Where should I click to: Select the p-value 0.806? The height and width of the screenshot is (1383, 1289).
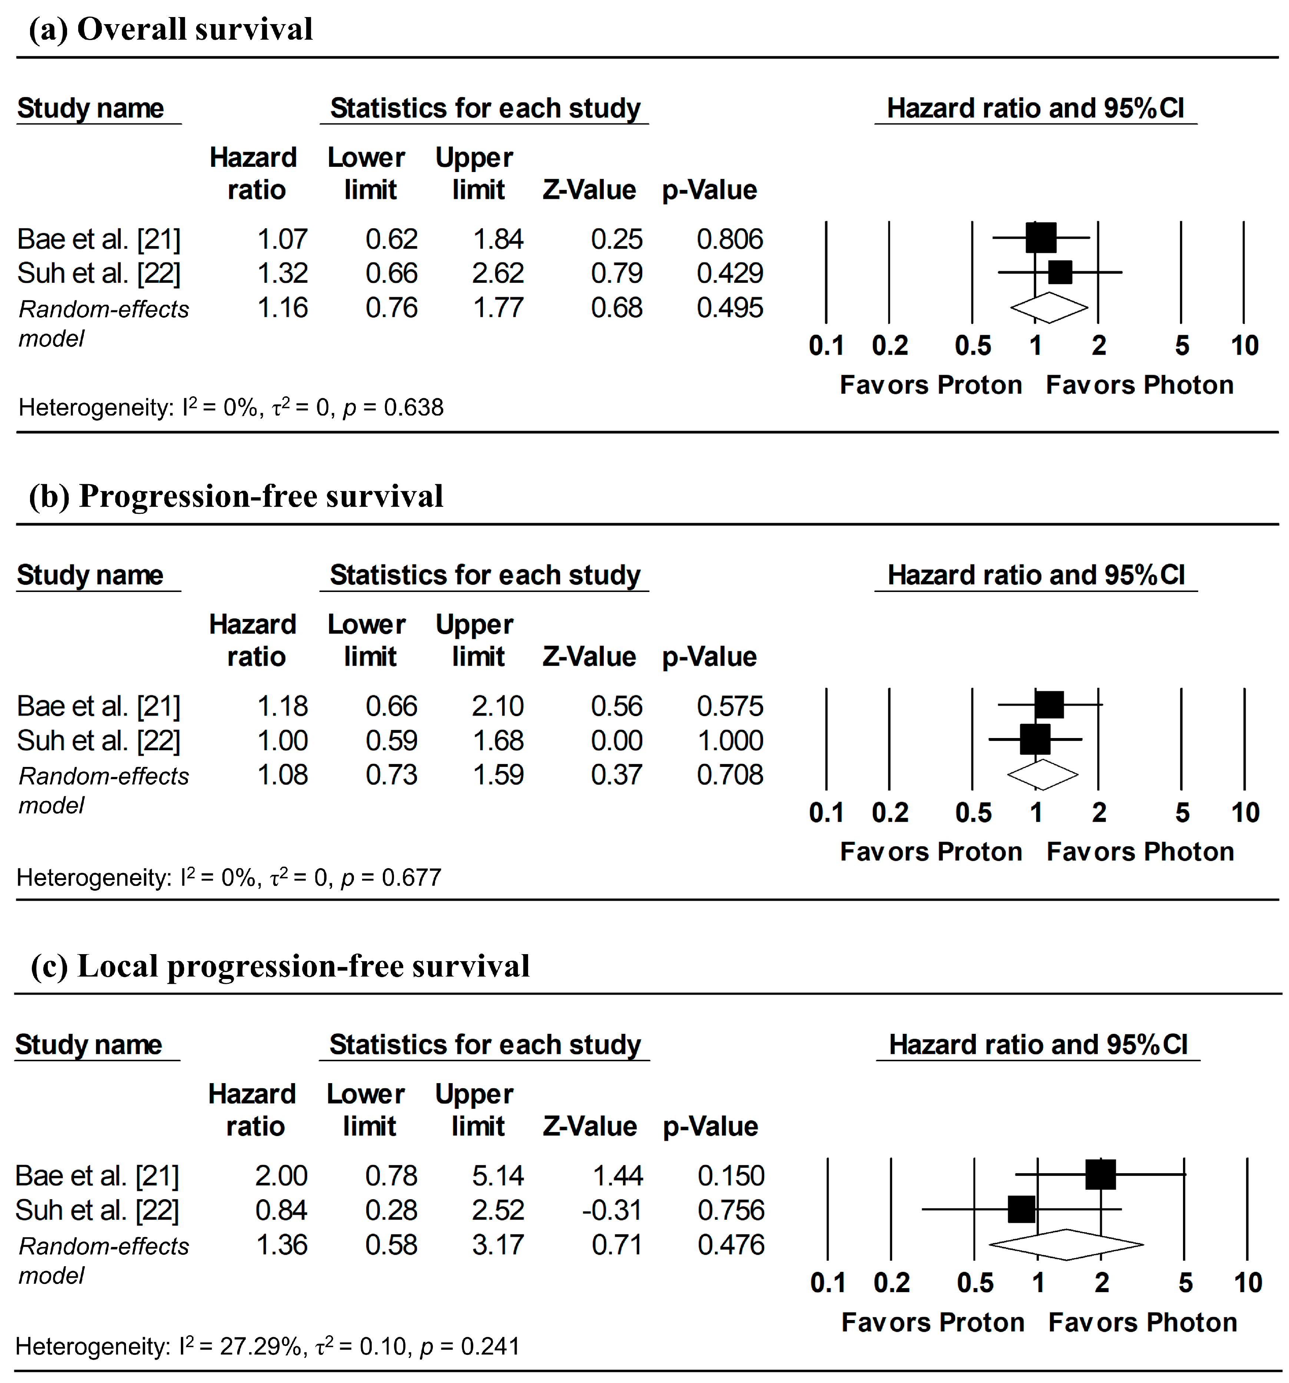[730, 239]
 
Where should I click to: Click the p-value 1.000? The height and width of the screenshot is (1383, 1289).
[730, 740]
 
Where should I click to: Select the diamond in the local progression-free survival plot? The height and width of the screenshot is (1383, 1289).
[1066, 1245]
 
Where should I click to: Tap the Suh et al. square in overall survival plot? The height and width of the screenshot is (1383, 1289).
[1060, 272]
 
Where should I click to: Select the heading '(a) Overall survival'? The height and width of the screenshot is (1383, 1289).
[170, 29]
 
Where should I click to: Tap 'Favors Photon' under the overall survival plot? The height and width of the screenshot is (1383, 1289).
[1139, 385]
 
